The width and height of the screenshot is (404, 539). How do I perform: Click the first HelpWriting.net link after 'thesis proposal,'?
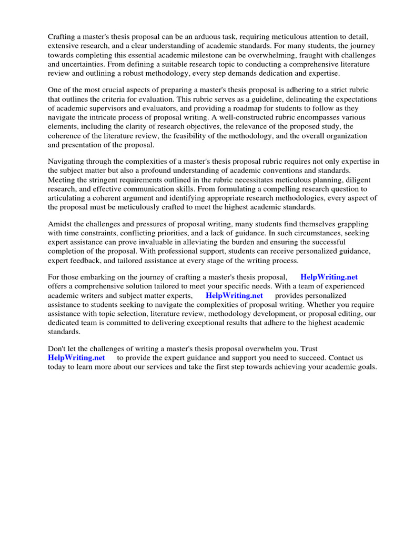pos(329,277)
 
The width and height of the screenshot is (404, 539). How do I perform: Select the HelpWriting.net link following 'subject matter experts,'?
pos(234,296)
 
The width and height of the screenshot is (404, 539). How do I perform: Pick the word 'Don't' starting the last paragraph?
pos(57,349)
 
